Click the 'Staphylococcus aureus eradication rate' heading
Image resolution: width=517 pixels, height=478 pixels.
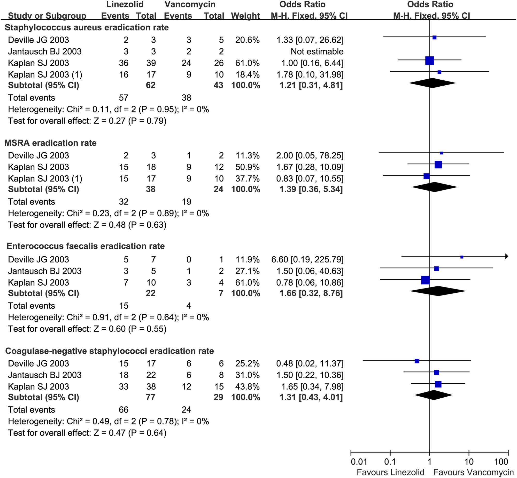click(x=87, y=27)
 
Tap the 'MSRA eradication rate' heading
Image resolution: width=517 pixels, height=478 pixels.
click(x=50, y=143)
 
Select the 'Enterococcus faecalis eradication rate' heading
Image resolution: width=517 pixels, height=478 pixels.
click(x=86, y=246)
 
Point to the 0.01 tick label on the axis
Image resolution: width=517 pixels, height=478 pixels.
click(x=359, y=461)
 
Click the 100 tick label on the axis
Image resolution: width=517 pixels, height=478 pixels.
click(x=501, y=461)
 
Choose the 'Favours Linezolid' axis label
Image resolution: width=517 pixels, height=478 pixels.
click(x=390, y=472)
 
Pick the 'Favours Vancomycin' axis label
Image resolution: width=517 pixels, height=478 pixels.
click(x=473, y=472)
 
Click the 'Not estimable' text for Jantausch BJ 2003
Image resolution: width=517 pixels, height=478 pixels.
click(x=317, y=51)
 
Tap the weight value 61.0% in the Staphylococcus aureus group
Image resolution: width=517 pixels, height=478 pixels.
click(x=247, y=63)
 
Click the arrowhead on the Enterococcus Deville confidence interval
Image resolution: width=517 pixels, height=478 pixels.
click(x=507, y=256)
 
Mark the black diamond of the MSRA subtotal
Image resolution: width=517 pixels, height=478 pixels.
click(x=434, y=187)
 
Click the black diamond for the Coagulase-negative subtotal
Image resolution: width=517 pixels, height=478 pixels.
click(x=434, y=395)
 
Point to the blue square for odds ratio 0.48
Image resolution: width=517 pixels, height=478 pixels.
click(x=417, y=361)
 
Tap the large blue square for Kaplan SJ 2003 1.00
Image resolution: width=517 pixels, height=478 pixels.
click(x=429, y=60)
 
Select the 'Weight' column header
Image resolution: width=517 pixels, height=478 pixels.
click(x=245, y=16)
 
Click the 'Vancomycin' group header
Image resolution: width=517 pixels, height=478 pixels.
click(x=190, y=4)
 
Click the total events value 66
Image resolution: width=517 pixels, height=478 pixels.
click(x=124, y=410)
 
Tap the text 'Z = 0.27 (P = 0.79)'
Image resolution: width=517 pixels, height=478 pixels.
click(x=130, y=121)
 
